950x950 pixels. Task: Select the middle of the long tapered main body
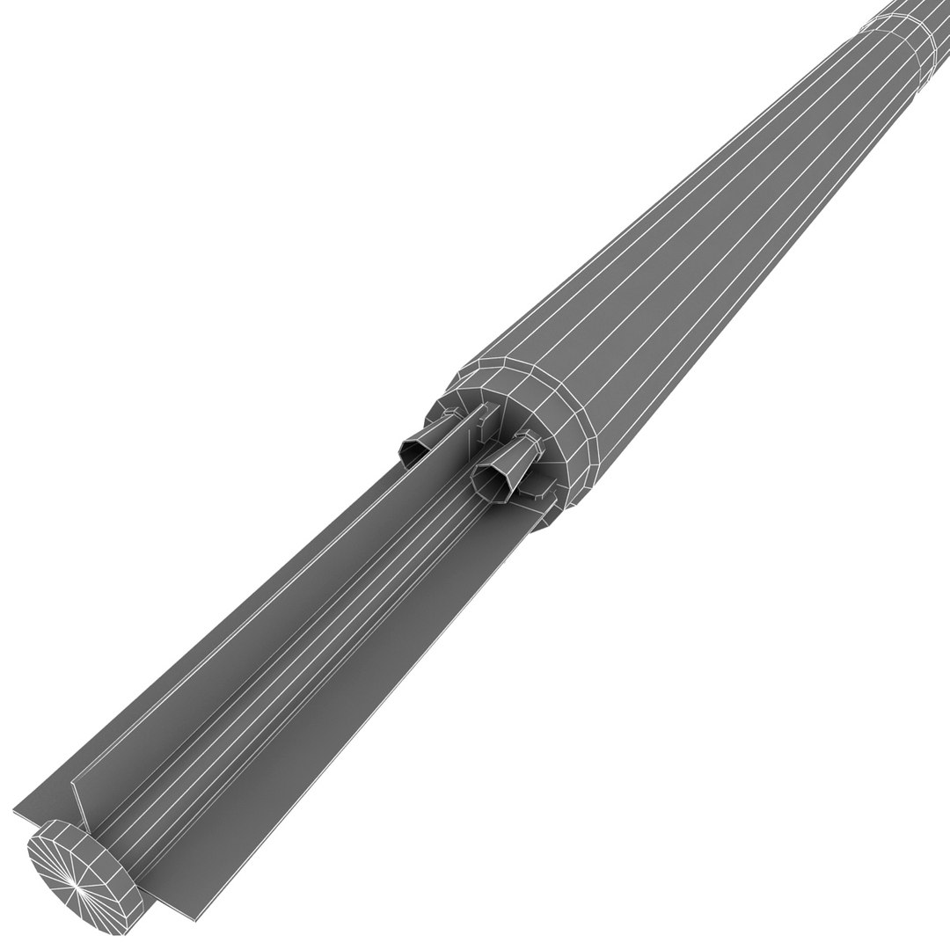(x=704, y=264)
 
